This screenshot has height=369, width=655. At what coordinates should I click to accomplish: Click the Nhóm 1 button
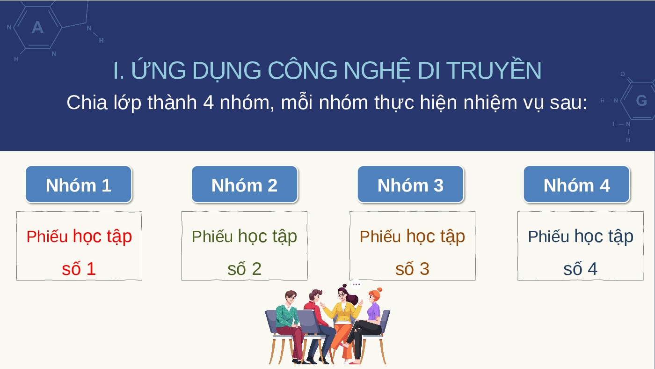click(x=79, y=184)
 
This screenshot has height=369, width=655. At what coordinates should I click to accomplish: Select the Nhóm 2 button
click(x=244, y=184)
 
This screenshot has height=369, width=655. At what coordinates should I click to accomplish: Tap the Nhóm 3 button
click(x=411, y=184)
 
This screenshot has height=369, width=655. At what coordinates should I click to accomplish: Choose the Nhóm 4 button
click(x=576, y=184)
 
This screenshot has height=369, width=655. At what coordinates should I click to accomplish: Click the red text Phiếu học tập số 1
click(x=79, y=252)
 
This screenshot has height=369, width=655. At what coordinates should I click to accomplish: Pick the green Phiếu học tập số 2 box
click(x=244, y=246)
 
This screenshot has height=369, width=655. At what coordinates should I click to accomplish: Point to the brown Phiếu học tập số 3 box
click(x=412, y=246)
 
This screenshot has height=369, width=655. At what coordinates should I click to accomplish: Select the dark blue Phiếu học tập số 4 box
click(x=581, y=246)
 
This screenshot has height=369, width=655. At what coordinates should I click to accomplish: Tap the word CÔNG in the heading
click(x=302, y=70)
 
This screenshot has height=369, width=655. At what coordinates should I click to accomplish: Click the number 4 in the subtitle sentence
click(x=208, y=103)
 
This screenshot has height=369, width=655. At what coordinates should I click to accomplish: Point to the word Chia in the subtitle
click(x=87, y=103)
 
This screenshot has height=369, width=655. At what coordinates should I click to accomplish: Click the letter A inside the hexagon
click(x=38, y=28)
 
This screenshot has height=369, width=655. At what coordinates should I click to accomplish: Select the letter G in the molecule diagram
click(x=641, y=101)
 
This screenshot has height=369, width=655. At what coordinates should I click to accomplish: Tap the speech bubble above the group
click(x=356, y=284)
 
